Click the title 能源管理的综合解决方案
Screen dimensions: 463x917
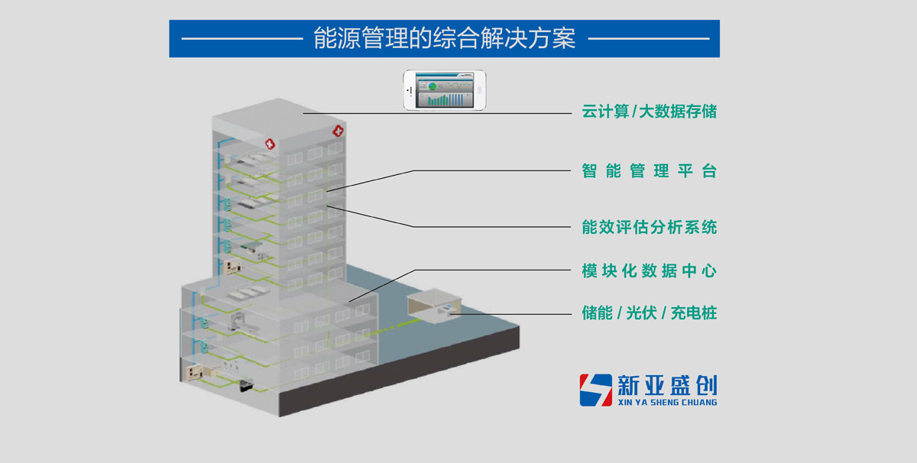444,38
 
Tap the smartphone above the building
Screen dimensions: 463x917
445,90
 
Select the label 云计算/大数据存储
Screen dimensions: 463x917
649,112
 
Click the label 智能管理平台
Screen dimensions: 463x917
649,171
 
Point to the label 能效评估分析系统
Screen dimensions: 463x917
649,227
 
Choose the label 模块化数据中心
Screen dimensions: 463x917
649,270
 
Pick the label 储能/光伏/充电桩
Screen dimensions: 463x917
649,312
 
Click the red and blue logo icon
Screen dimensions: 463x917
595,390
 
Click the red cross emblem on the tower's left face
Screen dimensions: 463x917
269,142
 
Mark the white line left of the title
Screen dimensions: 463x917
241,38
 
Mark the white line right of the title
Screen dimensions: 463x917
649,38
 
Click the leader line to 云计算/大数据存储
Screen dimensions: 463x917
436,113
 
